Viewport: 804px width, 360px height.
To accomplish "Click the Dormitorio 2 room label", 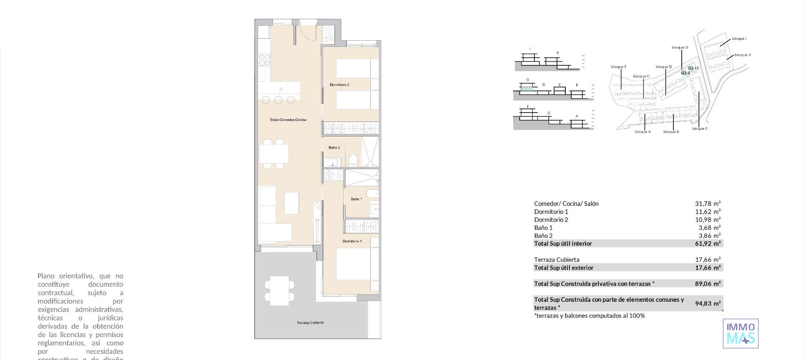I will (x=339, y=85).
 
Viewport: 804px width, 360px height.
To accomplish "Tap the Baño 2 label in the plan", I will (x=334, y=148).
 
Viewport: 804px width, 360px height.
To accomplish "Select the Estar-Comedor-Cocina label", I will (x=288, y=120).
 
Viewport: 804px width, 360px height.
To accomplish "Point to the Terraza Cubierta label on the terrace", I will (x=310, y=323).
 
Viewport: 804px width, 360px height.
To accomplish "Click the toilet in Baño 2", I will (x=353, y=160).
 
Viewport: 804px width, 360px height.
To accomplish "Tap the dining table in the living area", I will (x=273, y=154).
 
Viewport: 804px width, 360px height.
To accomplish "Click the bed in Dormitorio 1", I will (x=354, y=264).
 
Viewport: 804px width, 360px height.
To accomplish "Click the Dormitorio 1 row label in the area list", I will (x=551, y=212).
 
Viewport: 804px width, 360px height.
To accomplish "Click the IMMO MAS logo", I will (x=740, y=334).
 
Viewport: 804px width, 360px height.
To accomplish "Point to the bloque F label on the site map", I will (x=618, y=67).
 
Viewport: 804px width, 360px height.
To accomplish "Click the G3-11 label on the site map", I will (x=693, y=68).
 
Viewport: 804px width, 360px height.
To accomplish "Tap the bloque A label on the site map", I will (x=642, y=132).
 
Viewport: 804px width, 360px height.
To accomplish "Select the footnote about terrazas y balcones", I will (x=589, y=316).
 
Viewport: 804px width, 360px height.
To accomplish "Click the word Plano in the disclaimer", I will (x=46, y=276).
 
